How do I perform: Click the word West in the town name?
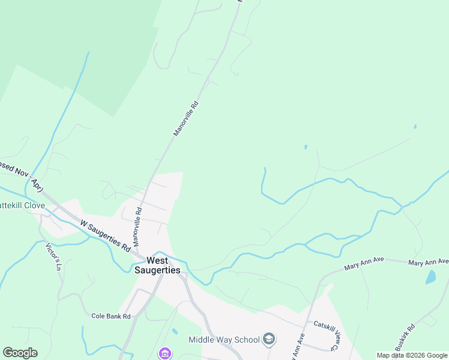coord(157,260)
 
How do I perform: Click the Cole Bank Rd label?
coord(111,316)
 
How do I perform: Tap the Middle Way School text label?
coord(224,340)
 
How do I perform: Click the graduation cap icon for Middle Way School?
coord(270,340)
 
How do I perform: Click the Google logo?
coord(20,353)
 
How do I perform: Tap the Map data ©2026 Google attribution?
coord(412,355)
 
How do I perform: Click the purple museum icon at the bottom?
coord(164,353)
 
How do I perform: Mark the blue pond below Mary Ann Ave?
coord(430,277)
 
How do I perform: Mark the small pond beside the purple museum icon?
coord(174,331)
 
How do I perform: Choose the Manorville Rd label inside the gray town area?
coord(137,227)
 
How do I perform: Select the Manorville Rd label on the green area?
coord(185,118)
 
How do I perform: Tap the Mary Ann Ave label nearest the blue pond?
coord(428,262)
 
